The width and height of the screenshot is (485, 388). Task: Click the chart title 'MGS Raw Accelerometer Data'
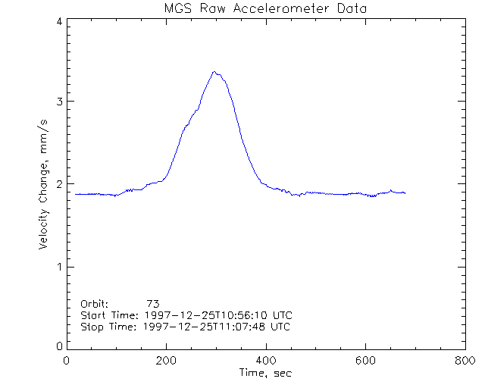[264, 9]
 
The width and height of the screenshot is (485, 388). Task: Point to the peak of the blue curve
[215, 72]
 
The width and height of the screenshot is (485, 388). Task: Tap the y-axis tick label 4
[58, 21]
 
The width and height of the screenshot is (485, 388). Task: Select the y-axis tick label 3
[58, 102]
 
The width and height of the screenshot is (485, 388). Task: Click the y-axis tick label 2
[58, 184]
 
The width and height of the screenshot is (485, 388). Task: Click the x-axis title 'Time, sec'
[265, 374]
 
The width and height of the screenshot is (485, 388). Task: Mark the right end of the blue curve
[405, 193]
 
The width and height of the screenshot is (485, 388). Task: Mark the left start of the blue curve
[75, 194]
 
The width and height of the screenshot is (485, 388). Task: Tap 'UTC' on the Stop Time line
[280, 327]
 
